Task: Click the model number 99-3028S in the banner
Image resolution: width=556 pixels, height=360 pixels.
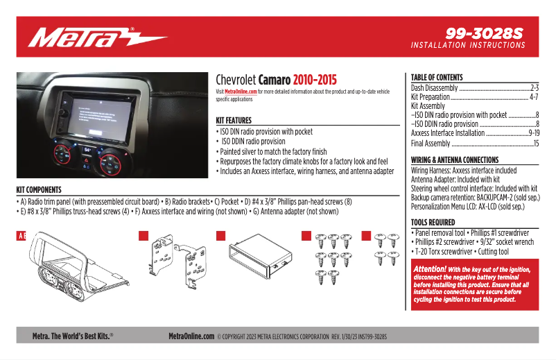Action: (x=485, y=33)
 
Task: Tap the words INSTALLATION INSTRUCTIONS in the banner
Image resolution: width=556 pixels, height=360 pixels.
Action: (x=468, y=45)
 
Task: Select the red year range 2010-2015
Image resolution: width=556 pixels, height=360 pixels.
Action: (x=315, y=80)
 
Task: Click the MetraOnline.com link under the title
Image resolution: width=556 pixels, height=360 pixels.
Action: (x=241, y=92)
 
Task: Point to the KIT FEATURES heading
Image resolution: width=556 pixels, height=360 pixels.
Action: (x=234, y=120)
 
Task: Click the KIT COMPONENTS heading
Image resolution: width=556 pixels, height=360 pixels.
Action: (x=39, y=189)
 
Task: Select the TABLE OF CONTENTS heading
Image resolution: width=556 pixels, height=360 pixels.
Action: (x=437, y=77)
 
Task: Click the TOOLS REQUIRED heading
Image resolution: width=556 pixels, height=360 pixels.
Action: (x=433, y=223)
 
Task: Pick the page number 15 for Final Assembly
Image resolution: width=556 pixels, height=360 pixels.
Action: (x=535, y=144)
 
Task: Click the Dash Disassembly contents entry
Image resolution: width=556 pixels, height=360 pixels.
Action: (x=434, y=88)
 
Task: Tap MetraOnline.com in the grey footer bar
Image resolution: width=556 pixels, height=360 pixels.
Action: (x=191, y=336)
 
